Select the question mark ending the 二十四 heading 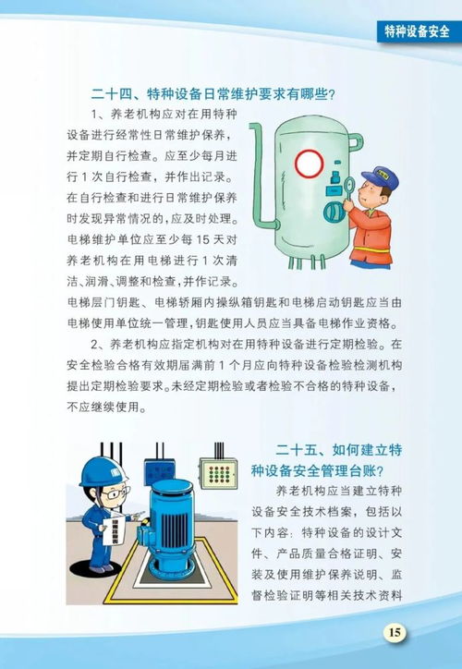tap(329, 92)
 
